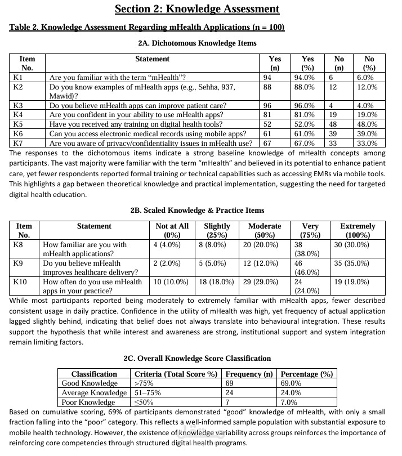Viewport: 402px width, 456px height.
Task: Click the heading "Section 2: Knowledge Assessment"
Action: click(x=197, y=9)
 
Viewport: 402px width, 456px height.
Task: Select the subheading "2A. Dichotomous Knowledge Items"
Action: click(x=197, y=43)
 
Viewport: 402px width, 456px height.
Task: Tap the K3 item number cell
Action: click(x=18, y=105)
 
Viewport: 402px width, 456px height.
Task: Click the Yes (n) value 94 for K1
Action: click(x=267, y=77)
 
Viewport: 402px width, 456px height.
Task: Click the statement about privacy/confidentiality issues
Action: click(x=150, y=143)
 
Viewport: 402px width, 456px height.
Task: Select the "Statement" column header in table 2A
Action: click(x=152, y=59)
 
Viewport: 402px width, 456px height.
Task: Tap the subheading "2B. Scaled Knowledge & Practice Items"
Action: click(x=197, y=210)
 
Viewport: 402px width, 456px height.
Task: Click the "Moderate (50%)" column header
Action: click(x=265, y=230)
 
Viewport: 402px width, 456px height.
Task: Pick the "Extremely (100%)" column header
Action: click(x=358, y=230)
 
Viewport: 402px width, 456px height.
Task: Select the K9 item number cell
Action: click(x=18, y=263)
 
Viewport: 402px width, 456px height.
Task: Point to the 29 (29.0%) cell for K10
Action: click(x=260, y=281)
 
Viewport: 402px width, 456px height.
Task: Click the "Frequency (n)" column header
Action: click(x=249, y=374)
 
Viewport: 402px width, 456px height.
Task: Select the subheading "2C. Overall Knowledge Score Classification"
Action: click(x=197, y=358)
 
